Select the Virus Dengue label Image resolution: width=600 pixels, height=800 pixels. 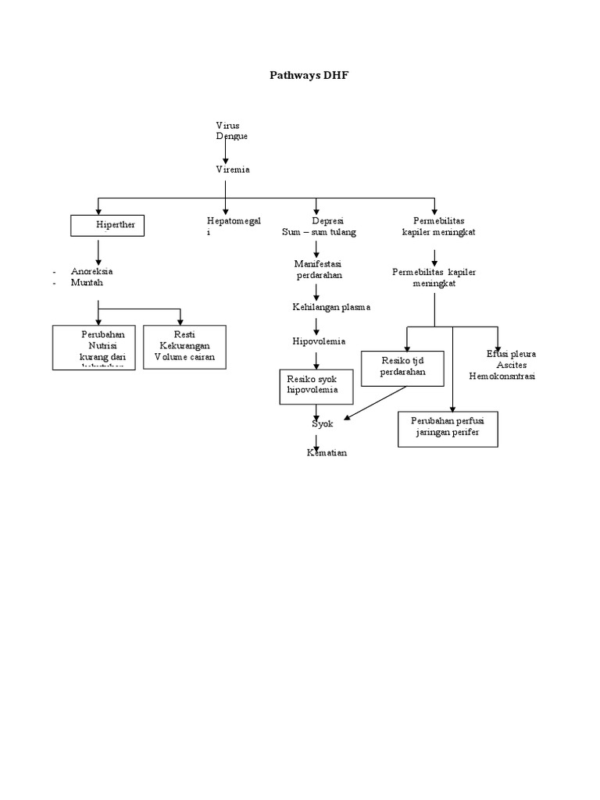point(232,130)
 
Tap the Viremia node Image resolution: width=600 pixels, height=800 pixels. point(233,169)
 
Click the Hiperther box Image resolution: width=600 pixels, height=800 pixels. point(108,226)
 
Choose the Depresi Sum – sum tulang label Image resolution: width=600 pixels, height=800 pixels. point(318,227)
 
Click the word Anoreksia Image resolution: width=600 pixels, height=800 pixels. point(91,271)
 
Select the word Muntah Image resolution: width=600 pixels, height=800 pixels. point(87,283)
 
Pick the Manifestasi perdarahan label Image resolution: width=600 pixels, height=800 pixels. point(318,270)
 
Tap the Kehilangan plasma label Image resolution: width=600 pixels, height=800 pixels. point(331,307)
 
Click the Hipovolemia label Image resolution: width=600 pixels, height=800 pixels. point(318,341)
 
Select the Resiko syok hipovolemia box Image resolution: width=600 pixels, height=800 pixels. point(316,387)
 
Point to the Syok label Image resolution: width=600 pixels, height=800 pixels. point(323,423)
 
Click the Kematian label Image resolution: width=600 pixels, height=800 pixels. point(327,453)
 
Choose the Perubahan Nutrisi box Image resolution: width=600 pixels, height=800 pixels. point(94,347)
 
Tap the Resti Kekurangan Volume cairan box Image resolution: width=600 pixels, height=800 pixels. point(184,347)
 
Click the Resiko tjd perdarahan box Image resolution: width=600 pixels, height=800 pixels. point(402,368)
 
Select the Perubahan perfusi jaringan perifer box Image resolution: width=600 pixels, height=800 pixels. point(448,428)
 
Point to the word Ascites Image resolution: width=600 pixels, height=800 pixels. point(512,365)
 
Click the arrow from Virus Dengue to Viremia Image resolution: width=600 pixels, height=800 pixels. point(226,152)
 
